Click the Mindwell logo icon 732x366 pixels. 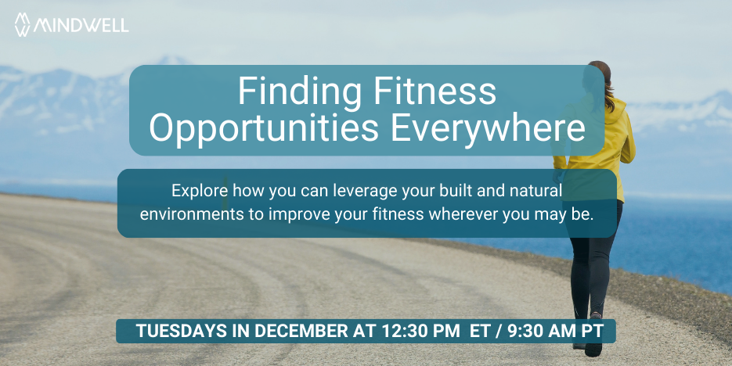pos(23,24)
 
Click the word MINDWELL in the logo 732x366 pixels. pos(81,25)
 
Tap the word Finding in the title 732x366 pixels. pos(300,91)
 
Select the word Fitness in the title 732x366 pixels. pos(435,91)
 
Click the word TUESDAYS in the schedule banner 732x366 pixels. pos(177,331)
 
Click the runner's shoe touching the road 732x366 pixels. pos(593,347)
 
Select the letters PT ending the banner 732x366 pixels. pos(593,331)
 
